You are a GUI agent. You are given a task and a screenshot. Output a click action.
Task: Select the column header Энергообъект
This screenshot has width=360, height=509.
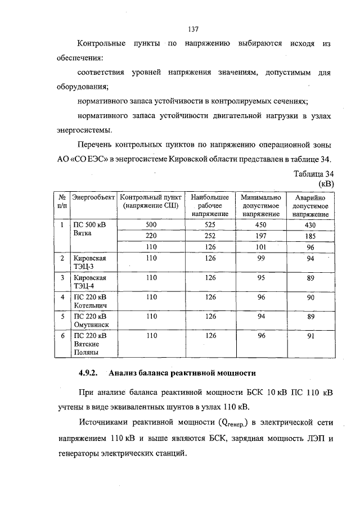click(x=93, y=198)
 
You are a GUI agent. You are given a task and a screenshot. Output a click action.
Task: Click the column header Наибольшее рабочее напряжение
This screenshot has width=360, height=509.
click(x=210, y=206)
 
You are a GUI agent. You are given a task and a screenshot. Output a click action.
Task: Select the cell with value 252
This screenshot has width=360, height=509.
click(x=210, y=236)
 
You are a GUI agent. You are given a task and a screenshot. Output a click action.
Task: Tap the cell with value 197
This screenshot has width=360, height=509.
click(x=260, y=236)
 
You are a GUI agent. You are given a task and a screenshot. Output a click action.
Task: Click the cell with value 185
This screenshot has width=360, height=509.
click(x=310, y=236)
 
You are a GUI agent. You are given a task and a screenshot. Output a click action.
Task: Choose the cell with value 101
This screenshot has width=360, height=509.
click(x=260, y=246)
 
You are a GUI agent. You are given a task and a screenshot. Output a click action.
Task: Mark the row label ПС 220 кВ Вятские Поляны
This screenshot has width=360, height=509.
click(x=90, y=344)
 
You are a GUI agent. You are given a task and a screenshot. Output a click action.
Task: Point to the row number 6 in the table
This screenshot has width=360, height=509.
click(x=62, y=336)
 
